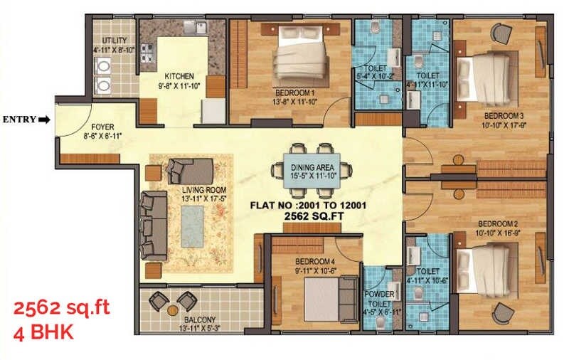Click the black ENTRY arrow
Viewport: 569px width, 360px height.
point(44,120)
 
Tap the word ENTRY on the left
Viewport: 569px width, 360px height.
point(20,120)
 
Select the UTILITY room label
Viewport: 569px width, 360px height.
point(114,41)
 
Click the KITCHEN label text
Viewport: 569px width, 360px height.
point(179,76)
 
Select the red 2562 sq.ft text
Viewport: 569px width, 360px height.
point(62,309)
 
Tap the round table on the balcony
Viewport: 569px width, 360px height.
point(173,310)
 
